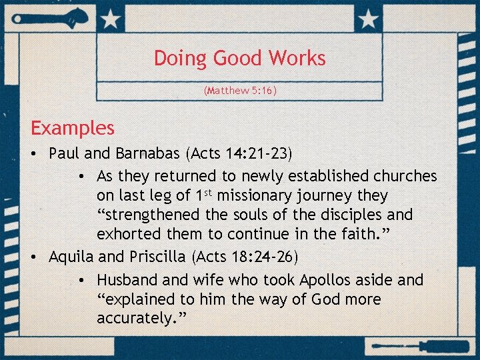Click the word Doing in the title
point(181,59)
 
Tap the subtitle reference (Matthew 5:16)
point(239,90)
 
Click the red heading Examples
point(73,128)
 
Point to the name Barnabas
point(148,153)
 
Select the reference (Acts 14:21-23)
point(239,153)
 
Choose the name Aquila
point(72,257)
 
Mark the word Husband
point(130,280)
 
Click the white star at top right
point(367,20)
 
